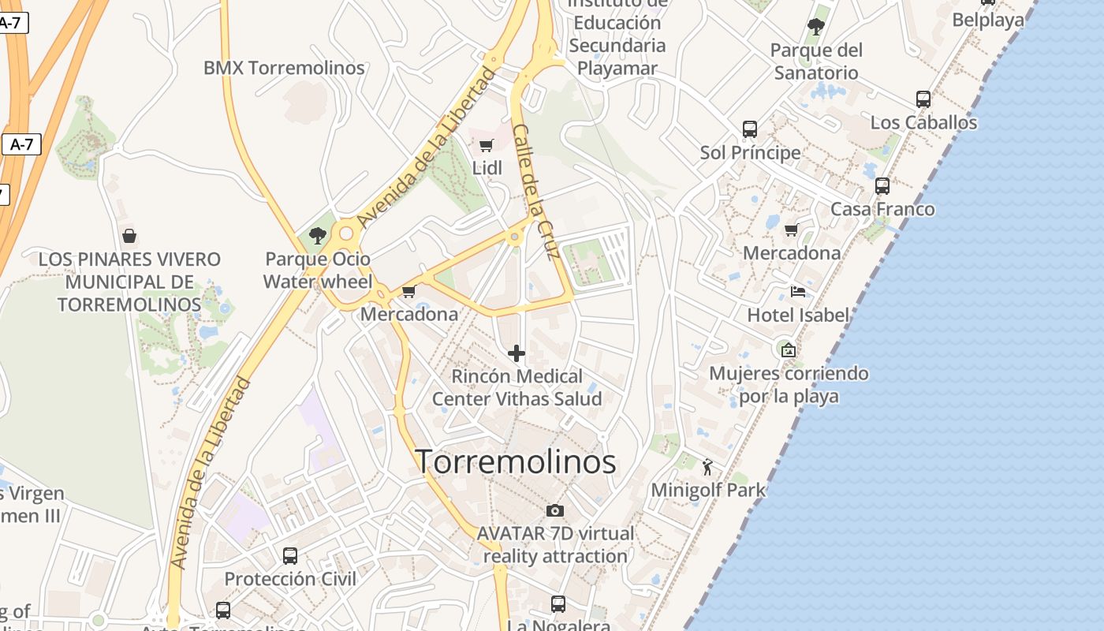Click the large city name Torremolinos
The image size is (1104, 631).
[x=515, y=461]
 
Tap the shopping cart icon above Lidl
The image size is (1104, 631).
[x=486, y=145]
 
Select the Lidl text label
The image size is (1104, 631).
[x=487, y=168]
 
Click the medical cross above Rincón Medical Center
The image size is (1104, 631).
[x=517, y=353]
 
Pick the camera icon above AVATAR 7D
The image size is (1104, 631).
[x=555, y=510]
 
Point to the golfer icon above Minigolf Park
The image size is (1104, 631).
[x=707, y=467]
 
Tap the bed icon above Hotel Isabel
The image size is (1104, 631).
[x=798, y=292]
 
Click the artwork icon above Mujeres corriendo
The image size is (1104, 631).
[x=788, y=350]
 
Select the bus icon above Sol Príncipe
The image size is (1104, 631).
[x=750, y=129]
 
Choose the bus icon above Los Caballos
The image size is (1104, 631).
[x=923, y=99]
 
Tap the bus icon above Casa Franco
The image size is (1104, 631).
[x=882, y=186]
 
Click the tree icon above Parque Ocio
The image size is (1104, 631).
[x=318, y=235]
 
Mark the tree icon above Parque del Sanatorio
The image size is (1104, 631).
[x=816, y=27]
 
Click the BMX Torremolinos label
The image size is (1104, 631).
[x=284, y=68]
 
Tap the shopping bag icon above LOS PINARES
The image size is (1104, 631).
[x=129, y=236]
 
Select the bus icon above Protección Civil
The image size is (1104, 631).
[x=290, y=555]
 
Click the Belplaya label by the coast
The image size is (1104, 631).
[x=987, y=20]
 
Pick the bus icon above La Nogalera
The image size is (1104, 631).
[x=558, y=604]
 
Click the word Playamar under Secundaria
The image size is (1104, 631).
[x=617, y=68]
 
